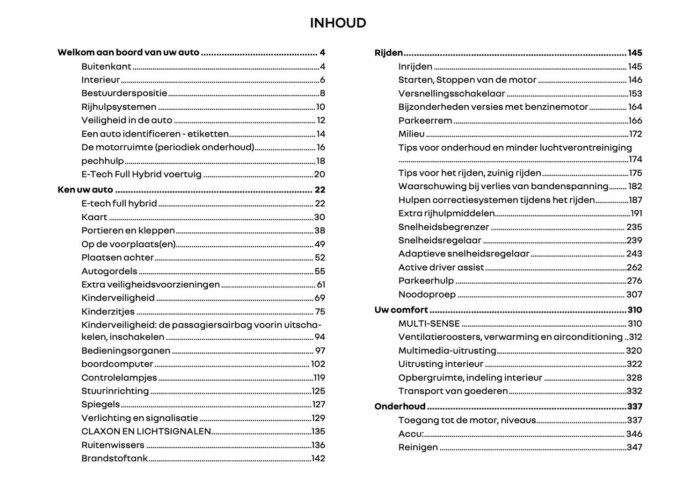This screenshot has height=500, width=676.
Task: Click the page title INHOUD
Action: point(338,23)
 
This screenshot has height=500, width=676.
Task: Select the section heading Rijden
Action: point(389,53)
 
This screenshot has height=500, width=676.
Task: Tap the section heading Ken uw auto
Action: point(85,190)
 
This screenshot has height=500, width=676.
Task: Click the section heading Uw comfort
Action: point(401,310)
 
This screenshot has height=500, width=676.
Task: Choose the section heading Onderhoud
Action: point(400,407)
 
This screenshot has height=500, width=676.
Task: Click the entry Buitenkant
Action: point(106,66)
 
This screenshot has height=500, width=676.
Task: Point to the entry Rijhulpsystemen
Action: point(119,107)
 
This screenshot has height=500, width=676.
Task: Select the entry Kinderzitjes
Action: point(108,312)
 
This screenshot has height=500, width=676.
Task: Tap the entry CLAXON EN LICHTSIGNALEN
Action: point(146,431)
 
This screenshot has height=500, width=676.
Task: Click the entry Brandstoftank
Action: point(115,458)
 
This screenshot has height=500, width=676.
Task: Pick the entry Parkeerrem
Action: point(425,121)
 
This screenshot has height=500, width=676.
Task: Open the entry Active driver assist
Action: point(441,267)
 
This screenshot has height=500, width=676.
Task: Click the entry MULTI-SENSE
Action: point(429,323)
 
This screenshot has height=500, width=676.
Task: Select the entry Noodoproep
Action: point(427,294)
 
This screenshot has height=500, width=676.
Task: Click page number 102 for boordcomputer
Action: point(318,364)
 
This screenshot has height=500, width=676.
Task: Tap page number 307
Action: point(634,294)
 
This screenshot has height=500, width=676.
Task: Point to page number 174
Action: point(635,159)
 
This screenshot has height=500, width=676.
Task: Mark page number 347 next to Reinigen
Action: point(634,447)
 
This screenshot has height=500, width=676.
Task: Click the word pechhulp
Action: point(102,161)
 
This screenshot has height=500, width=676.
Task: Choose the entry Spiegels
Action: point(101,404)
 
